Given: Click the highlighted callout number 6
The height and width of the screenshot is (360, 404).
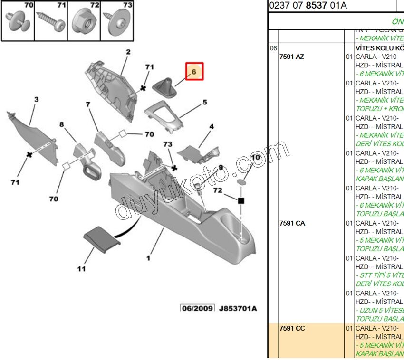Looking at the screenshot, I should pos(194,72).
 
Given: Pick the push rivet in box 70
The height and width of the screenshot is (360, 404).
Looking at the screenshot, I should pos(17,22).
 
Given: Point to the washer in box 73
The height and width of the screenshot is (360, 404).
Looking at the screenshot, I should pos(117,22).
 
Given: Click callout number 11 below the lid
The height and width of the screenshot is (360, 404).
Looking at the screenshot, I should pos(81,269).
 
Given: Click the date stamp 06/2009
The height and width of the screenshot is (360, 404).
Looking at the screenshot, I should pos(197,308).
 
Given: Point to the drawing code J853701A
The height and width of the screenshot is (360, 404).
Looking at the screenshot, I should pos(237,308).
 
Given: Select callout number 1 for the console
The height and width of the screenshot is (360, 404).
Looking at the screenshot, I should pos(148,258).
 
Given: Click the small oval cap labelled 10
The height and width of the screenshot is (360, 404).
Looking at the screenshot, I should pos(242,181).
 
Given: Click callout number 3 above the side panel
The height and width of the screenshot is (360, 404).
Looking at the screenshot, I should pos(36,100).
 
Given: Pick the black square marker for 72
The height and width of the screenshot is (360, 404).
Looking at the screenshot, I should pos(241,201).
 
